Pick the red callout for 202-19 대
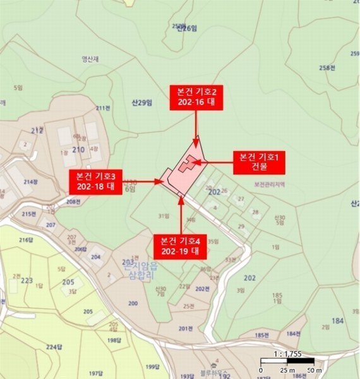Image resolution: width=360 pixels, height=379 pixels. click(x=181, y=245)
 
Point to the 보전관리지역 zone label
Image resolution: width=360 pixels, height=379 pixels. click(x=270, y=185)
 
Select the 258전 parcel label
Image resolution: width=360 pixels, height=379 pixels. click(x=327, y=68)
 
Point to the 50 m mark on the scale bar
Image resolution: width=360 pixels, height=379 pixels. click(x=313, y=370)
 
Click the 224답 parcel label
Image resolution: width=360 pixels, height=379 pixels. click(x=54, y=347)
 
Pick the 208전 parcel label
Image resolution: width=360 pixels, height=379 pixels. click(x=73, y=202)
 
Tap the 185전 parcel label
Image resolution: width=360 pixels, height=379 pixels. click(x=262, y=334)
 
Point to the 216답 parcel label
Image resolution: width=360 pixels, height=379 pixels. click(x=26, y=240)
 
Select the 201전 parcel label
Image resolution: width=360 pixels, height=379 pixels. click(x=184, y=328)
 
